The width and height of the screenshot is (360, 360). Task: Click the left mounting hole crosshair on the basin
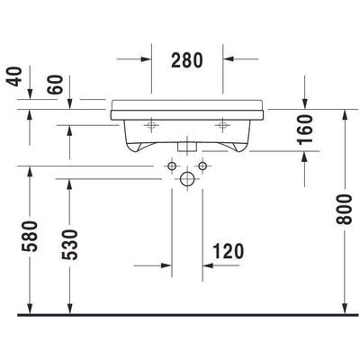pyautogui.click(x=151, y=123)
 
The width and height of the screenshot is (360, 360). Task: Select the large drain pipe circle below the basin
pyautogui.click(x=187, y=179)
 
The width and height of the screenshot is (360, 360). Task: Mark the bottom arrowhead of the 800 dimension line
pyautogui.click(x=345, y=310)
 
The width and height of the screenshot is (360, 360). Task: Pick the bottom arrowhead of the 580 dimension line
pyautogui.click(x=31, y=310)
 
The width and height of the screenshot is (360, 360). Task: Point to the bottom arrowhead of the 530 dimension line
pyautogui.click(x=70, y=310)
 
